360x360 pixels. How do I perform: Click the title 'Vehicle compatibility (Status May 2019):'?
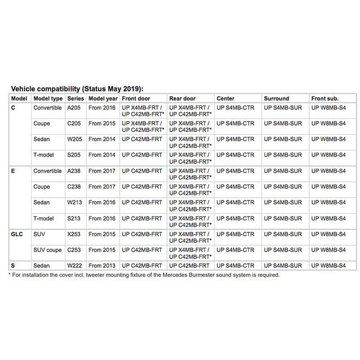(77, 89)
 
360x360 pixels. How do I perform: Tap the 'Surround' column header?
(276, 98)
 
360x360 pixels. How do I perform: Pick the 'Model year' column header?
(103, 98)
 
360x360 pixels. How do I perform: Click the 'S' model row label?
(14, 266)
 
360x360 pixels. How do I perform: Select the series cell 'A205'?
(74, 108)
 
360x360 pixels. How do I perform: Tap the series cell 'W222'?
(75, 266)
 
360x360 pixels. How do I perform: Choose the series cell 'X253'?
(75, 234)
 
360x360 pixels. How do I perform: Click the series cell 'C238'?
(75, 187)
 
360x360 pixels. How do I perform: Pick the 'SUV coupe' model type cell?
(48, 250)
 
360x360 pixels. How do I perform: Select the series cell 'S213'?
(74, 218)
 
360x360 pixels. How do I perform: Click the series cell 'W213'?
(75, 203)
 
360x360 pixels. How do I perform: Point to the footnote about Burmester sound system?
(144, 275)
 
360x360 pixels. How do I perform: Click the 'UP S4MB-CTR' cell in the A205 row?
(235, 108)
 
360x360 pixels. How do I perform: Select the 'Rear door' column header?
(183, 98)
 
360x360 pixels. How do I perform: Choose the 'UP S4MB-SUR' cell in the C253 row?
(283, 250)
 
